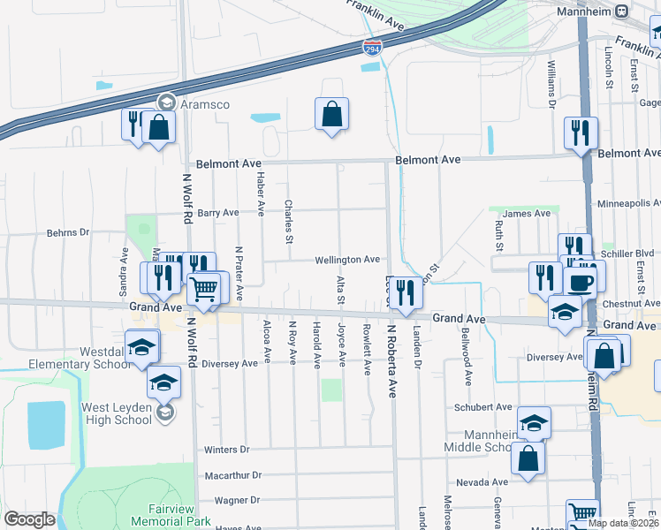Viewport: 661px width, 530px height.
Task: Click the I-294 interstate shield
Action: tap(373, 50)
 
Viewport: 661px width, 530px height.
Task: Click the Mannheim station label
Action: tap(585, 11)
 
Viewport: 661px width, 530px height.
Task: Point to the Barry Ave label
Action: tap(218, 213)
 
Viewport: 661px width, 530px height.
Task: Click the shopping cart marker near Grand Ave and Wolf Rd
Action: tap(204, 288)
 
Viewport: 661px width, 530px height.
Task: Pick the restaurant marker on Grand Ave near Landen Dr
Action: tap(406, 291)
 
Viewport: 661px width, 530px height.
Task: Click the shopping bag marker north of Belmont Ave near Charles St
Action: tap(331, 113)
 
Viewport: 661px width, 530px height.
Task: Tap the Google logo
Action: tap(29, 519)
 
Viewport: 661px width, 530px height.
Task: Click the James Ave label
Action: tap(520, 214)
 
